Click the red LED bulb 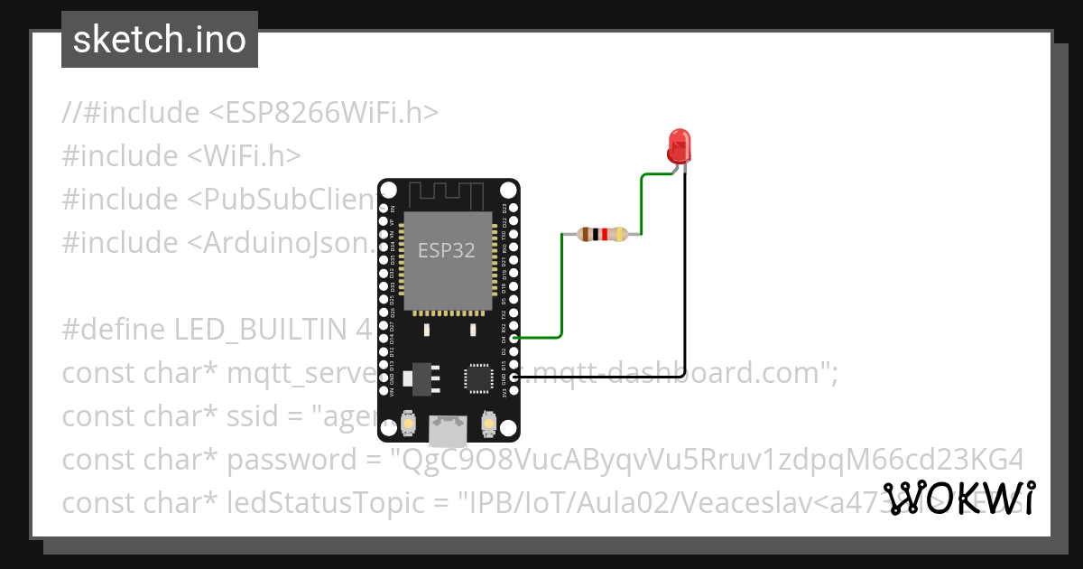[x=679, y=145]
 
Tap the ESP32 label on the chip [x=446, y=250]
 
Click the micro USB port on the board [x=449, y=431]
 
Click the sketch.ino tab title [x=160, y=40]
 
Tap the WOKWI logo [x=958, y=499]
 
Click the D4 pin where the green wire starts [x=514, y=338]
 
